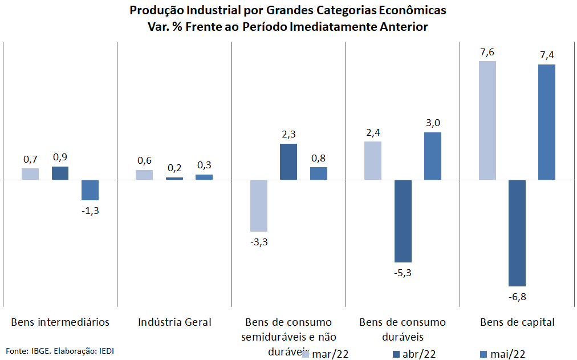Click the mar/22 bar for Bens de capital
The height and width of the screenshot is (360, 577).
tap(487, 120)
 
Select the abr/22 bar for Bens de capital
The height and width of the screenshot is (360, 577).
tap(517, 233)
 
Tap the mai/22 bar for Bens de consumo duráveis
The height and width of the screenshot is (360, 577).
tap(433, 156)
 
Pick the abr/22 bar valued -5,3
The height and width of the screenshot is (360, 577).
tap(403, 221)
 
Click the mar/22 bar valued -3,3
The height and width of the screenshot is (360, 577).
tap(259, 206)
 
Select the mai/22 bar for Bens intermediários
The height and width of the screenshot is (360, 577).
tap(90, 190)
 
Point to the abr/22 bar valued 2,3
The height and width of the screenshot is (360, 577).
tap(288, 162)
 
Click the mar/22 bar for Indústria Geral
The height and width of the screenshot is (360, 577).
tap(144, 175)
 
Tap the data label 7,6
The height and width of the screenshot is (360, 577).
tap(487, 52)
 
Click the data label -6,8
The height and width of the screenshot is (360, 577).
tap(517, 297)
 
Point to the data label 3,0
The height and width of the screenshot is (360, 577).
tap(433, 123)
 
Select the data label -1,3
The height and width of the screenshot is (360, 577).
tap(90, 211)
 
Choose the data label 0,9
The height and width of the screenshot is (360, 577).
tap(60, 157)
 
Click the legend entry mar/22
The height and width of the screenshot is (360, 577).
tap(326, 354)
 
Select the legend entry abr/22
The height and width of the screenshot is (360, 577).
tap(415, 354)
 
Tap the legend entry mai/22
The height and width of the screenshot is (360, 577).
tap(503, 354)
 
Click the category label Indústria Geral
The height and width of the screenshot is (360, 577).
tap(174, 322)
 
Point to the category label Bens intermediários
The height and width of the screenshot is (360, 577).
tap(60, 322)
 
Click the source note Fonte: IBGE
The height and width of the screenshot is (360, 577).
tap(29, 351)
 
